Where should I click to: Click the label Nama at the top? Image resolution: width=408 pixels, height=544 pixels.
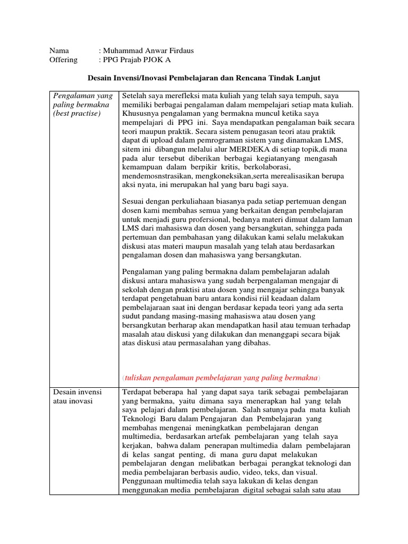click(x=59, y=50)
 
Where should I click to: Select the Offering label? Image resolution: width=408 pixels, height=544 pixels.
click(x=63, y=59)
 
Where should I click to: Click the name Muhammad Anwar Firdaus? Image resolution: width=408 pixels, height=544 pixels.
click(x=148, y=50)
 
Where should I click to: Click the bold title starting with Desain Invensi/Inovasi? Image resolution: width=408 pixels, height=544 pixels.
click(x=203, y=78)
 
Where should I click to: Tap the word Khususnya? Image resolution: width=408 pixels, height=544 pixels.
click(x=140, y=114)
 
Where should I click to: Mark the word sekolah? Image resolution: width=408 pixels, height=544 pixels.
click(x=134, y=290)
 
